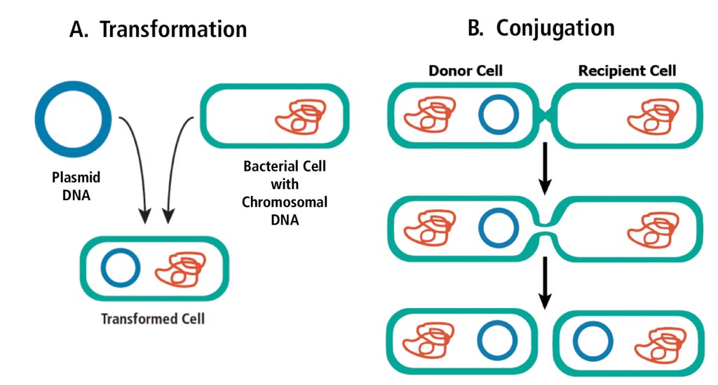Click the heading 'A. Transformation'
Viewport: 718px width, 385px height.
tap(158, 29)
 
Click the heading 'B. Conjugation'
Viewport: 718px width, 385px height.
tap(541, 27)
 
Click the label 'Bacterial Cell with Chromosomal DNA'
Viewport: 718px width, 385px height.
tap(285, 193)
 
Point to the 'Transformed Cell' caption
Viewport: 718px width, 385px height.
tap(153, 318)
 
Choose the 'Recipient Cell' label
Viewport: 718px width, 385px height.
tap(627, 71)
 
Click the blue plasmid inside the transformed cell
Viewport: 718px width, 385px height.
tap(121, 267)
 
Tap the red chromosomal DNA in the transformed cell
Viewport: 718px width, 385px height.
tap(182, 268)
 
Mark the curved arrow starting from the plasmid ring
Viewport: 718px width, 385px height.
tap(137, 168)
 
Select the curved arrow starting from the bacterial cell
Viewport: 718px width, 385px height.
tap(175, 168)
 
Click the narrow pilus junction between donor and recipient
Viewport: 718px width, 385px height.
tap(545, 114)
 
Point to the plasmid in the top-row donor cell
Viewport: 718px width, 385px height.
tap(499, 115)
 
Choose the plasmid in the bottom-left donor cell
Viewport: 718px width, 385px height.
tap(499, 342)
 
